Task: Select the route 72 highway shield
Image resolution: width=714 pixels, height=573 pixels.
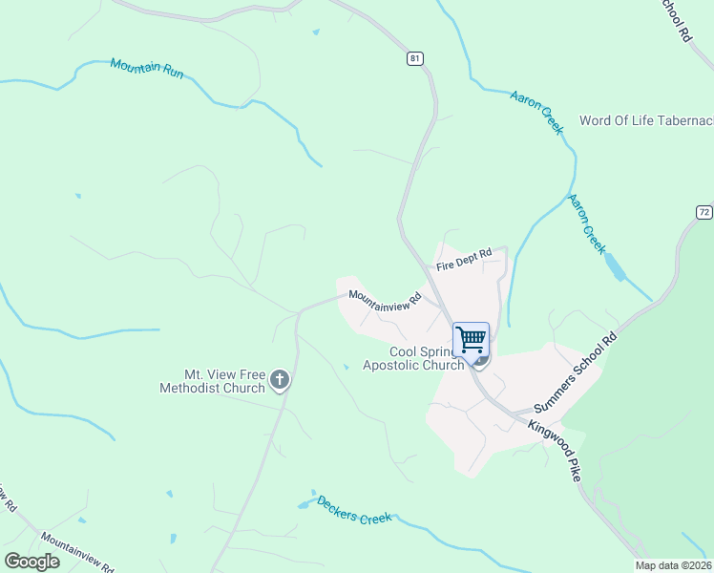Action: (703, 211)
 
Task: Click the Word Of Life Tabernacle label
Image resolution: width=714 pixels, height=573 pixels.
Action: (646, 121)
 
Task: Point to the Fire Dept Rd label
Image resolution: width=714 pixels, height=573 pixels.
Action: (464, 259)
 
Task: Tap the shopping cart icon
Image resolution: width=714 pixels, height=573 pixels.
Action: (472, 339)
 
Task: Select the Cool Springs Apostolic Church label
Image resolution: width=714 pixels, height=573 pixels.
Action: (413, 358)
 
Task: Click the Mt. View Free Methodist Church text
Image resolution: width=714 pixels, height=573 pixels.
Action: (212, 381)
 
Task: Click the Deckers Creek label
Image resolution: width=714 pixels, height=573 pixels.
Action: (354, 510)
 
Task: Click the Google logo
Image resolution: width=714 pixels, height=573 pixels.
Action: (31, 562)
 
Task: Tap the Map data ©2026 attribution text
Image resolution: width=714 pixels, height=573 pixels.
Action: (673, 565)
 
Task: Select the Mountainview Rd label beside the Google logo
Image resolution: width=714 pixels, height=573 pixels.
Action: (76, 552)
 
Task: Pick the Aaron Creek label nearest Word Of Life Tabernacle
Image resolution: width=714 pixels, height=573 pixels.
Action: (536, 112)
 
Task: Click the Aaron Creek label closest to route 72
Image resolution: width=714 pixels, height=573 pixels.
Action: (587, 223)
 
